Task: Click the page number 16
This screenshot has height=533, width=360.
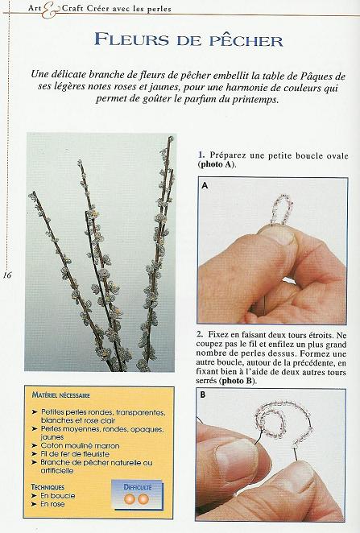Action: click(x=7, y=275)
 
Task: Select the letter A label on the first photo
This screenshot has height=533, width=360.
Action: click(x=205, y=184)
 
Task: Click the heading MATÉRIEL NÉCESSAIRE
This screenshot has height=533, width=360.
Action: click(x=61, y=395)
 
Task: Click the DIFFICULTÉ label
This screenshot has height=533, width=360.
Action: click(x=137, y=487)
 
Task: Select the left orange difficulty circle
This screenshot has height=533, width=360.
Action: click(x=130, y=500)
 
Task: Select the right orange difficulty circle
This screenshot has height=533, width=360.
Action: click(x=143, y=500)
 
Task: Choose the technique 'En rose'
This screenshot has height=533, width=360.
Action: click(x=57, y=504)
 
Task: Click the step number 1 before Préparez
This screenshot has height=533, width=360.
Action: click(x=201, y=154)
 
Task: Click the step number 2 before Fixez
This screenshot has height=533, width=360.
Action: click(x=200, y=333)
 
